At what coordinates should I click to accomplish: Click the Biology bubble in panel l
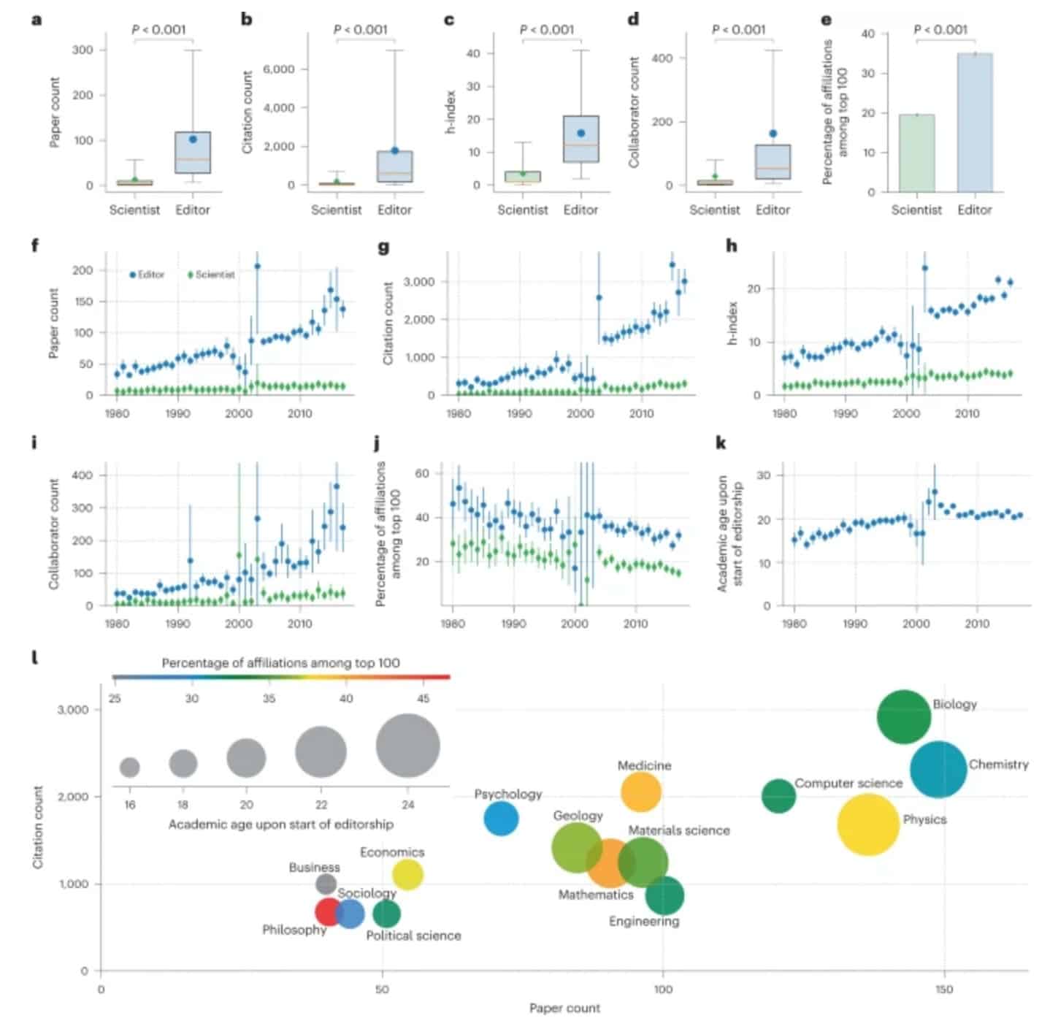[903, 716]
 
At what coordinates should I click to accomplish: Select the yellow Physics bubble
[867, 824]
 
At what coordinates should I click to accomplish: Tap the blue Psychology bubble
[501, 818]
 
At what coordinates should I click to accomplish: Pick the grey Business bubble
[326, 884]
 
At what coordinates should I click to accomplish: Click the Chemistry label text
[998, 765]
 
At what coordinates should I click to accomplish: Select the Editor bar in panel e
[974, 123]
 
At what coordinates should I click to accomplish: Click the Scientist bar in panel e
[916, 153]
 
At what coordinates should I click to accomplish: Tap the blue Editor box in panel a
[193, 153]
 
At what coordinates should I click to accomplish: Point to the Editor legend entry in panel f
[147, 275]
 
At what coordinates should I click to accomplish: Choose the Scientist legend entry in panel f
[212, 275]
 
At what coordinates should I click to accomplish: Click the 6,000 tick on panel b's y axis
[278, 69]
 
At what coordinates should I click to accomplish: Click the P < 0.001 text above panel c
[547, 29]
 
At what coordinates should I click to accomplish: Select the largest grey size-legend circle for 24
[408, 746]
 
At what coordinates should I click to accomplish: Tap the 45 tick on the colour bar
[424, 698]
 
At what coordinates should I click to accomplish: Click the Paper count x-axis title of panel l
[564, 1008]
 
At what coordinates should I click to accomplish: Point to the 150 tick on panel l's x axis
[944, 989]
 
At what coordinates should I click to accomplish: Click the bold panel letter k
[721, 443]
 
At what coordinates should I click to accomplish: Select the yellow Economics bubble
[407, 874]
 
